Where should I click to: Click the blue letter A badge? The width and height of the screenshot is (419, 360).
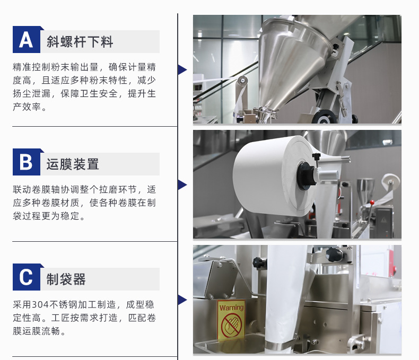(x=27, y=40)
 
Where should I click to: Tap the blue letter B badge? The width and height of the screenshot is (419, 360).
(x=27, y=162)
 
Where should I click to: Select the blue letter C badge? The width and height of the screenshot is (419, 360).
(x=27, y=277)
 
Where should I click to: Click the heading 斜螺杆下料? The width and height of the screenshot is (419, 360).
(x=80, y=42)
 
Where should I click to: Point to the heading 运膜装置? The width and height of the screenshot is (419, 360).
(x=73, y=164)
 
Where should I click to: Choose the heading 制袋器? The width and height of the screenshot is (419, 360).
(x=66, y=279)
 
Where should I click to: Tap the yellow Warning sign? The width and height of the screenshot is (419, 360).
(x=231, y=320)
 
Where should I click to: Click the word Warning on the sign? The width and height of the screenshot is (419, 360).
(x=231, y=308)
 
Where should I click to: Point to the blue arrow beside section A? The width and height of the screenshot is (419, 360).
(x=182, y=69)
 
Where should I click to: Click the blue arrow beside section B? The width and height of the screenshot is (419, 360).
(x=182, y=185)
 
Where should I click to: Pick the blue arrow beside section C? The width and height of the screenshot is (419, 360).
(x=182, y=300)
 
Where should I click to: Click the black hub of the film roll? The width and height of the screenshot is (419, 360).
(x=305, y=176)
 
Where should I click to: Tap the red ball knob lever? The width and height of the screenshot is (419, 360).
(x=372, y=203)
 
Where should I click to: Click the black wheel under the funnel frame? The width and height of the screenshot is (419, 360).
(x=324, y=117)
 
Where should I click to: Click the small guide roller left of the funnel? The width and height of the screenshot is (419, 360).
(x=242, y=80)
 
